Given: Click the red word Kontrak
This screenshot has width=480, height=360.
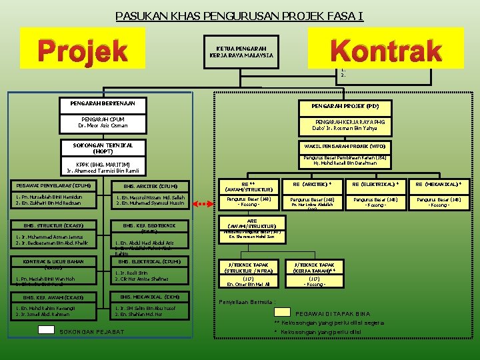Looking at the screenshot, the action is point(386,50).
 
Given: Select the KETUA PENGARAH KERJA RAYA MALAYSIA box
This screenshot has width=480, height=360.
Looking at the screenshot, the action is point(241,52).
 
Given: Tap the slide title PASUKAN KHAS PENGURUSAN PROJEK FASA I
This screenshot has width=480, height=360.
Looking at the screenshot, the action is point(239,15).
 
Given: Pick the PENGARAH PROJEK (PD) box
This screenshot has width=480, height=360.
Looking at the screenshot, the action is point(345,106).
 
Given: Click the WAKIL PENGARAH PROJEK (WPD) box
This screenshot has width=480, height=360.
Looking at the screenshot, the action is point(345,145).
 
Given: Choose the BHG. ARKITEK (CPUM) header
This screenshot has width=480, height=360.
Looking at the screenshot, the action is point(151,185).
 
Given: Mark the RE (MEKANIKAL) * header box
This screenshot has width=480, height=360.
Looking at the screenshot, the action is point(439,184).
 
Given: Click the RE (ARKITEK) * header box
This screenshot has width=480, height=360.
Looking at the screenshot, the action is point(308,184).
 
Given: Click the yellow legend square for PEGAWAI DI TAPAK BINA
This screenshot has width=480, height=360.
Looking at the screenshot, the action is point(283,311).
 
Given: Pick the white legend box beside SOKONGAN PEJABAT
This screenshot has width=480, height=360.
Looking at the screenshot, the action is point(46,329).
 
